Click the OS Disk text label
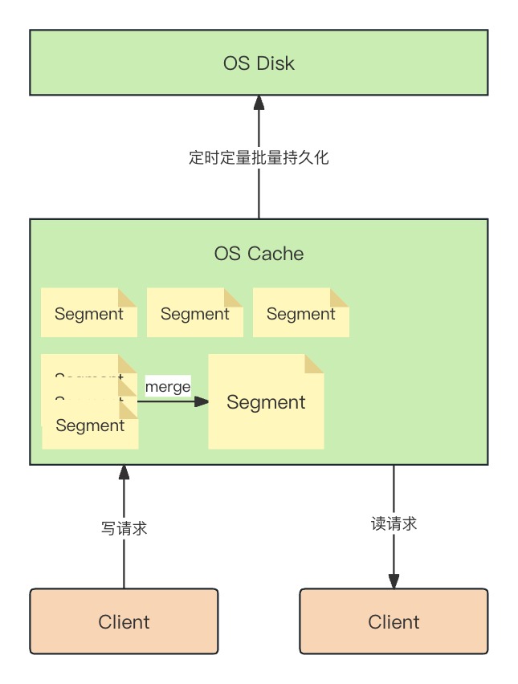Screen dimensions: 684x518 [259, 63]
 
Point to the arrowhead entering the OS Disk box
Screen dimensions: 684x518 [259, 102]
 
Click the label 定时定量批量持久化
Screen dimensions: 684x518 [259, 157]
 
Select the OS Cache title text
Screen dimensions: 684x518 [259, 254]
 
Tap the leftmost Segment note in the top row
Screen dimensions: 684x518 [88, 313]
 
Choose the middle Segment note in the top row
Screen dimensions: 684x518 [194, 313]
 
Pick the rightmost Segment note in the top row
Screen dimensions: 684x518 [300, 313]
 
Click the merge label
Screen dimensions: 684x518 [168, 387]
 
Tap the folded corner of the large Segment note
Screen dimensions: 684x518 [314, 363]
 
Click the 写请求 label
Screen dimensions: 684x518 [124, 528]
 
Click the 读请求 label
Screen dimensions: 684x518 [394, 523]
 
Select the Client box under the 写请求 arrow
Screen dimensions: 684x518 [124, 621]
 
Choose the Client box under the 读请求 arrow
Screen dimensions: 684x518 [394, 621]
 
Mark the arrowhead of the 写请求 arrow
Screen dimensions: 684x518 [124, 472]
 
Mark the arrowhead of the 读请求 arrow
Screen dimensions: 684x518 [394, 580]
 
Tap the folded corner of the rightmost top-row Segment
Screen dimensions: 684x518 [340, 297]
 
